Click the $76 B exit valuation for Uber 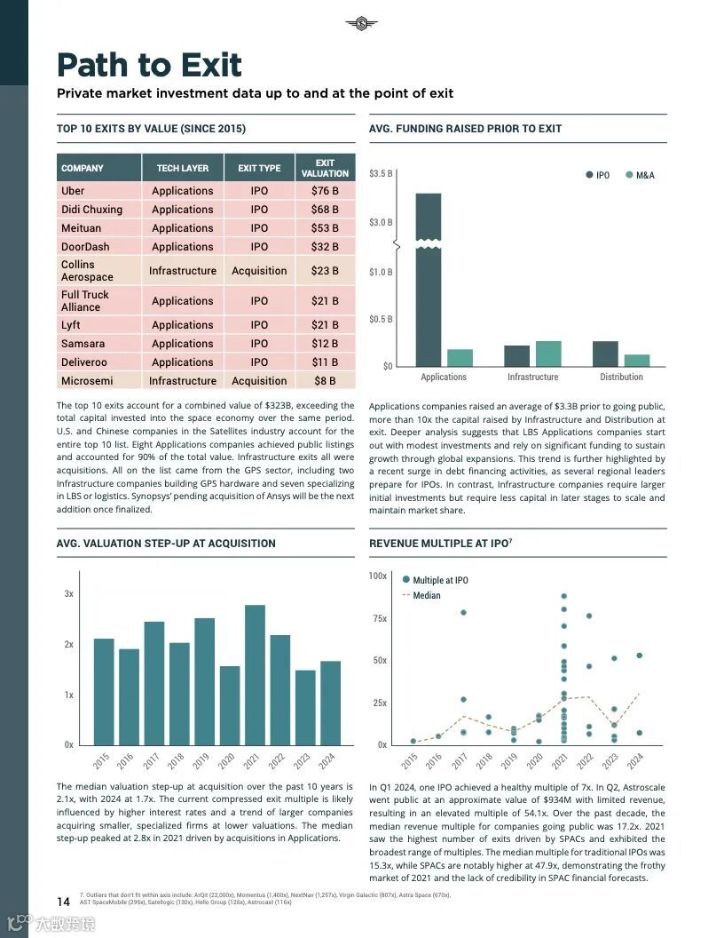coord(325,191)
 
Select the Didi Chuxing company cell coord(91,210)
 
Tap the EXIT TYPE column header coord(259,168)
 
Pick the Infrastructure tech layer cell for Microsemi coord(182,381)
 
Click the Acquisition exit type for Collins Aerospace coord(259,271)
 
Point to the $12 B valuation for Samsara coord(325,344)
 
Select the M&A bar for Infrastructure coord(548,354)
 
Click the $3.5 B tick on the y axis coord(381,173)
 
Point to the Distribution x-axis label coord(621,378)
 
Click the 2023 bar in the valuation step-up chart coord(305,708)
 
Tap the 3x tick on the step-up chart coord(69,593)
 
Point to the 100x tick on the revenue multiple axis coord(378,576)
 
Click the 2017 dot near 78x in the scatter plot coord(463,613)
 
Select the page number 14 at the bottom coord(64,902)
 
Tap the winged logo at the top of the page coord(361,23)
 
